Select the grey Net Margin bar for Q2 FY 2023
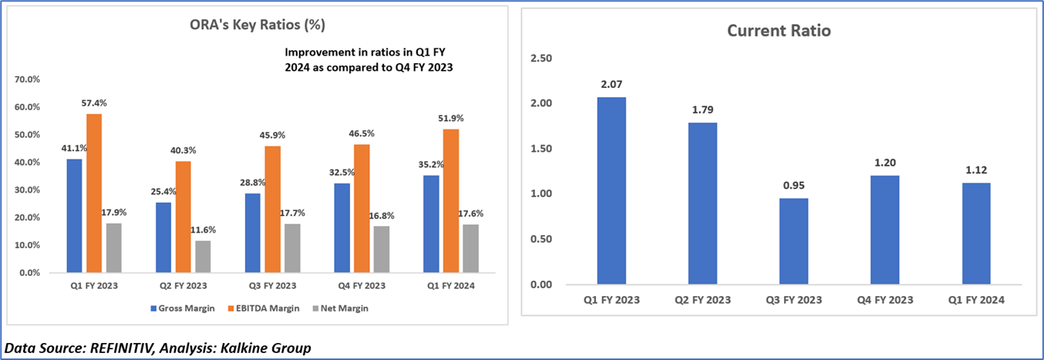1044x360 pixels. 203,257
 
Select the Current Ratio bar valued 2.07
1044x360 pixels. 611,190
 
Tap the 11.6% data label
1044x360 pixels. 204,230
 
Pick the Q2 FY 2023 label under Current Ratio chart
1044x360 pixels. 702,300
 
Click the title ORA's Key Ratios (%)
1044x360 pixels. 257,25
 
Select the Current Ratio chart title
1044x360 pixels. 779,31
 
